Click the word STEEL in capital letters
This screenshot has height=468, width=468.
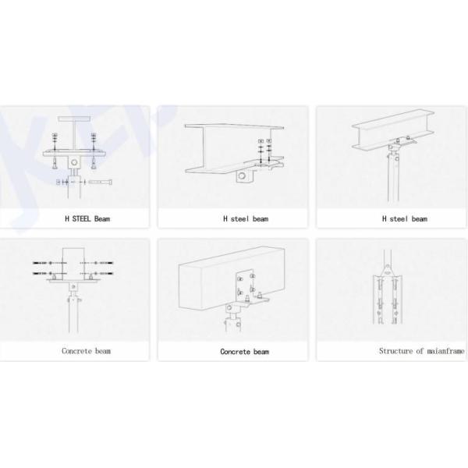point(81,218)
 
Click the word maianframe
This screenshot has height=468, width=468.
point(445,351)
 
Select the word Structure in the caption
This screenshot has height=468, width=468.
point(396,351)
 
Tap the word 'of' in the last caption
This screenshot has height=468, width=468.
point(420,351)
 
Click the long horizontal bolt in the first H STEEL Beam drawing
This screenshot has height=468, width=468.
point(99,182)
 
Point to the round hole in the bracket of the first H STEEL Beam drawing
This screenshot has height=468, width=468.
point(74,163)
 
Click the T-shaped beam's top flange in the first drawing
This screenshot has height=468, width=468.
point(74,119)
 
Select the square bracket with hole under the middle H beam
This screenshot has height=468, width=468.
point(244,175)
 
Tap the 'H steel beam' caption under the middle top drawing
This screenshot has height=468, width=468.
point(246,218)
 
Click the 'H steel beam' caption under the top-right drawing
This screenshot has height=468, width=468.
point(404,218)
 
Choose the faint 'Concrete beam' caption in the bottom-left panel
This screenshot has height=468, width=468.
point(87,351)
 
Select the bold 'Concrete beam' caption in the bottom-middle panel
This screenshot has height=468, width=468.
point(245,352)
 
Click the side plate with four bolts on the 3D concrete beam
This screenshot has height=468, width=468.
point(246,285)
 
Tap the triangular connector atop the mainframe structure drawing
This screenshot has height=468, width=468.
point(387,271)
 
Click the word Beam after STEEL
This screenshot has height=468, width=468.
point(102,218)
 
